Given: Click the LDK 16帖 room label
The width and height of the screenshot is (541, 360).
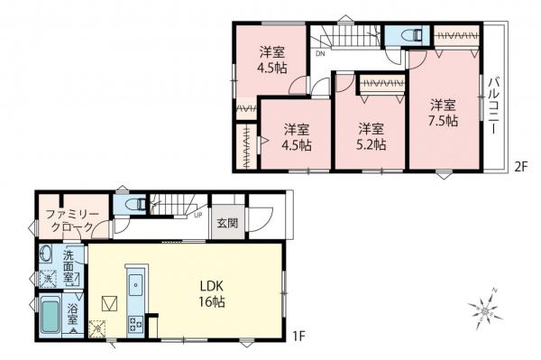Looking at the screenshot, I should tap(212, 293).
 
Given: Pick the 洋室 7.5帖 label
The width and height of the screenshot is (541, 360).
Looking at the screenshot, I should tap(443, 112).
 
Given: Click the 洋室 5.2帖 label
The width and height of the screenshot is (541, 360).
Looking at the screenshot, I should tap(370, 135).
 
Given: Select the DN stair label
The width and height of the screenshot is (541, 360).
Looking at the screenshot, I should tap(320, 54).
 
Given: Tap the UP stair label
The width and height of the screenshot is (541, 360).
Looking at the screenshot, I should tap(197, 215).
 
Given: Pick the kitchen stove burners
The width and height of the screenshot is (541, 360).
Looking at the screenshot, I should tap(135, 323).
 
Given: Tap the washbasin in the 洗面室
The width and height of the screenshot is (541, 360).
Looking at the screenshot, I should tap(47, 255).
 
